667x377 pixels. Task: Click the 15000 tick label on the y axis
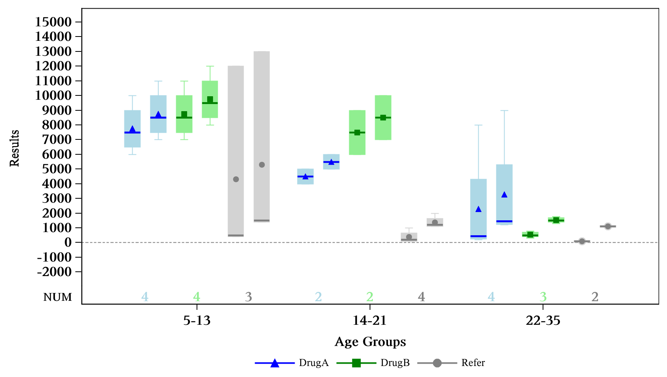(x=53, y=22)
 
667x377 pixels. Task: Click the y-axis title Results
(x=15, y=148)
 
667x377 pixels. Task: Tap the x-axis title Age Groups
(x=370, y=342)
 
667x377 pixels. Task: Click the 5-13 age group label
(x=197, y=321)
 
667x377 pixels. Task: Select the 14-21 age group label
(x=370, y=321)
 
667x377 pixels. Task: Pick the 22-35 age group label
(x=543, y=321)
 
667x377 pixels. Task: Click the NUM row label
(x=58, y=297)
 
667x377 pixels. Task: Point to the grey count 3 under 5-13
(x=248, y=297)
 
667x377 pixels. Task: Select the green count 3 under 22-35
(x=543, y=297)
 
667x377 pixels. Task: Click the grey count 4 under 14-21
(x=421, y=297)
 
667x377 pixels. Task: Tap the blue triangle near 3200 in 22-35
(x=505, y=195)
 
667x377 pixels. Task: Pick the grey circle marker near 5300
(x=262, y=165)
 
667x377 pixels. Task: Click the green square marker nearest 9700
(x=210, y=100)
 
